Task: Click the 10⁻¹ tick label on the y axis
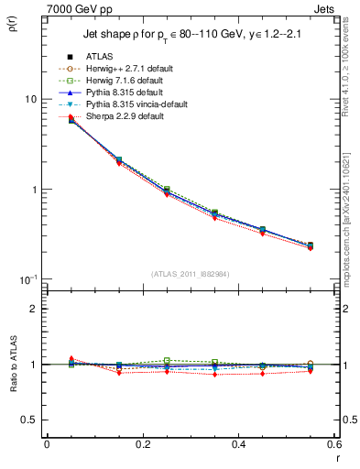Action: [27, 279]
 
